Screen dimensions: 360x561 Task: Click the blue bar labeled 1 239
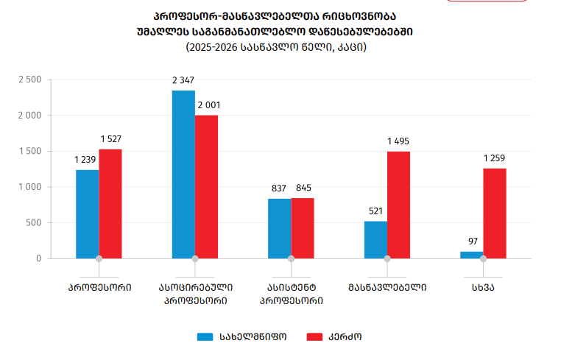coord(87,214)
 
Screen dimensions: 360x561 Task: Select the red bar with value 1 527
coord(110,204)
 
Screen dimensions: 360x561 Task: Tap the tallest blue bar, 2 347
coord(183,174)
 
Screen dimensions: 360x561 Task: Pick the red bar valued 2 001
coord(207,187)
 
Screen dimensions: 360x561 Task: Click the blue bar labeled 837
coord(279,228)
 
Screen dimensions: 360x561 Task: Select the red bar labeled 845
coord(303,228)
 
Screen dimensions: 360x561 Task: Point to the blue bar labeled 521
coord(375,240)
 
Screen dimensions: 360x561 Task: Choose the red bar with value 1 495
coord(399,205)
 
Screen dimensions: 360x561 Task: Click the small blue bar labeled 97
coord(471,255)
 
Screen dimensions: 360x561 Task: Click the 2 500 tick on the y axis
coord(29,80)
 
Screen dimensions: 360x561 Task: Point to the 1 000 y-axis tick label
coord(29,187)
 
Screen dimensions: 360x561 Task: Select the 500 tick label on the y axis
coord(34,223)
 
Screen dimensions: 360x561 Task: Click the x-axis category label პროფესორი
coord(99,287)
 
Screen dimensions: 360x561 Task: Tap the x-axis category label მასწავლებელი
coord(387,287)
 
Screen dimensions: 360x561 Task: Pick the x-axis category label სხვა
coord(483,287)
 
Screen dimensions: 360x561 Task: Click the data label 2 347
coord(183,80)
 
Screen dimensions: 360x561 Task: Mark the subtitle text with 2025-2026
coord(276,47)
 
